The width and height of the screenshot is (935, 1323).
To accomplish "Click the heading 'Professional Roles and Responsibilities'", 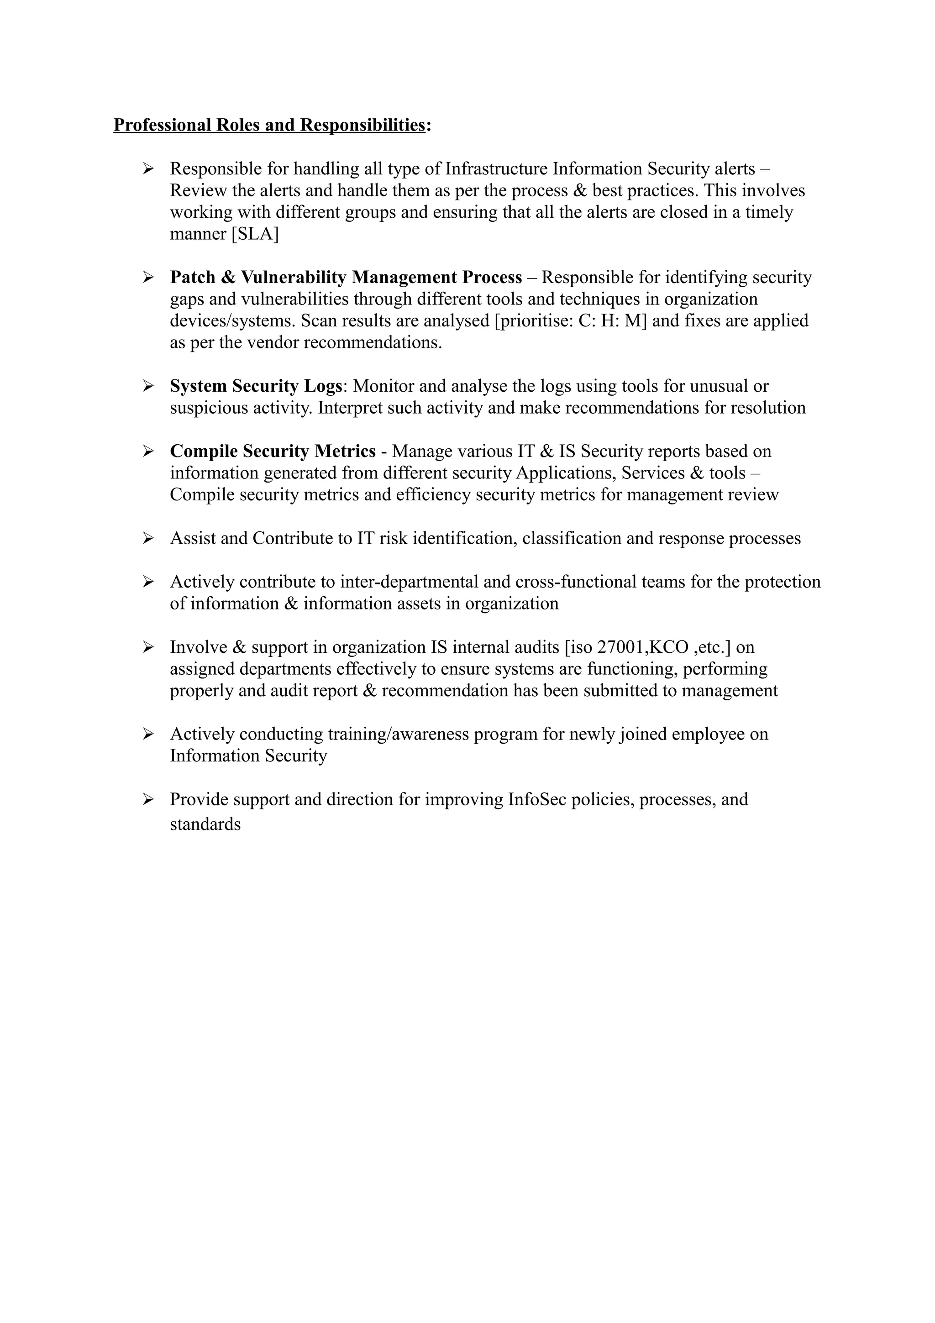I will coord(269,125).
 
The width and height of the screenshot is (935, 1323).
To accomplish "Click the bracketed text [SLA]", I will coord(255,234).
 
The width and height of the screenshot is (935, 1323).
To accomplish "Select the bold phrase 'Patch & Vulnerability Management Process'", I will coord(346,277).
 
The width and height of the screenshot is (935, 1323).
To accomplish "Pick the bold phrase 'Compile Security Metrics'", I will coord(273,451).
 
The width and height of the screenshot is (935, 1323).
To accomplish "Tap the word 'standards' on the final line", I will coord(205,824).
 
